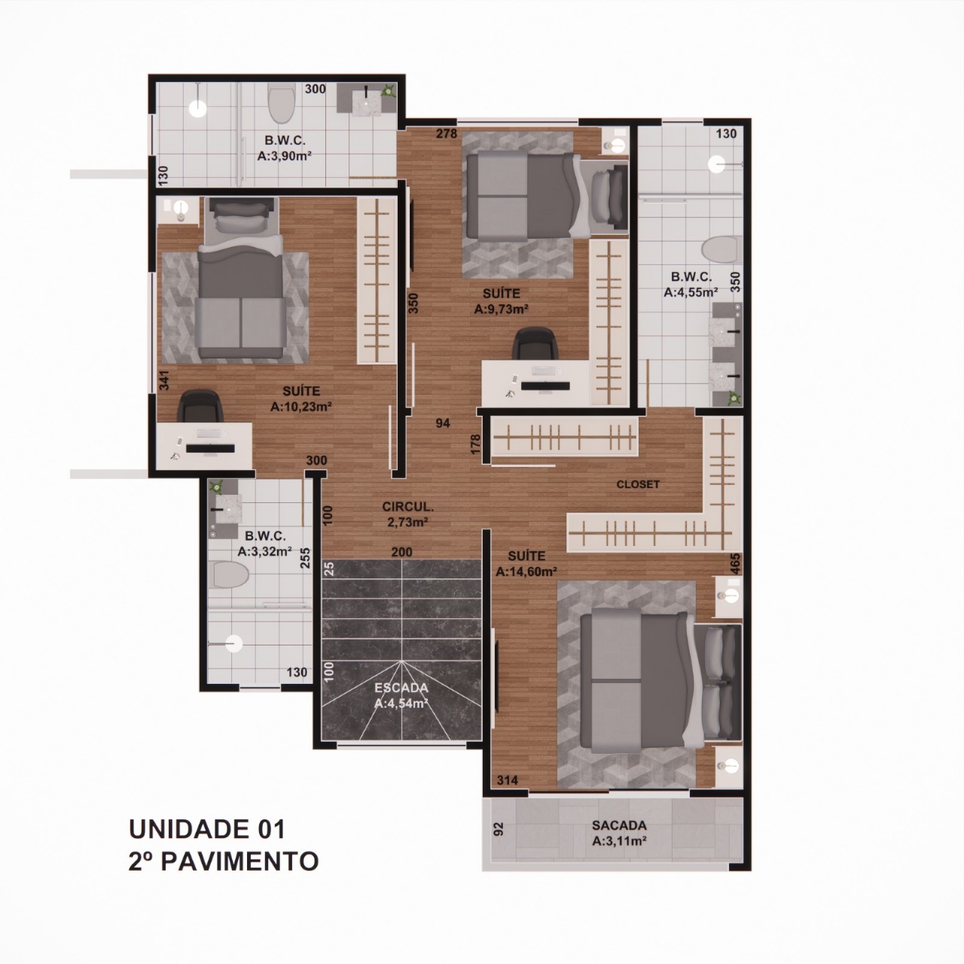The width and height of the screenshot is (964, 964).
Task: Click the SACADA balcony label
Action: pos(619,825)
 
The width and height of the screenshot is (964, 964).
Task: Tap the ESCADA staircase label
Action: pos(401,688)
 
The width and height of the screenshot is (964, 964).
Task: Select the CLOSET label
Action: pos(638,484)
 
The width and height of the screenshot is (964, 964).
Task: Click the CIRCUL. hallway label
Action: pos(407,506)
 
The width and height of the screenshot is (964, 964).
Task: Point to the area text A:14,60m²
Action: pos(526,572)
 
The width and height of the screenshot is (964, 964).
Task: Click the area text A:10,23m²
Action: pos(301,407)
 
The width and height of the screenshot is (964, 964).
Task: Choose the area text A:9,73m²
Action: pos(502,310)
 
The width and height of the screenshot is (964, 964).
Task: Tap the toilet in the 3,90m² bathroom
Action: pos(281,103)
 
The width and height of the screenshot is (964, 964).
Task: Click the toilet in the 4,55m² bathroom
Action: pos(721,250)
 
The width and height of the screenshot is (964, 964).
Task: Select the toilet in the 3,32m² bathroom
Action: pos(230,575)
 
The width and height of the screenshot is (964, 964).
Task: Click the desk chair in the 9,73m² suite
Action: pos(535,343)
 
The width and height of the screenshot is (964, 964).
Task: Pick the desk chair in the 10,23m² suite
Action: pos(200,407)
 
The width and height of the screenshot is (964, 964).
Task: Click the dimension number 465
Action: pos(735,564)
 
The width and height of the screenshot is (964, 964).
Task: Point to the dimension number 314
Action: pos(508,780)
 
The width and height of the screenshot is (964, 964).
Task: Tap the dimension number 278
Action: pos(447,133)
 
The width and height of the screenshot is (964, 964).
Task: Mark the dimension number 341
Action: pos(164,380)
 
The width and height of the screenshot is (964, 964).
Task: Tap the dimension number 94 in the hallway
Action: pos(443,424)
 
